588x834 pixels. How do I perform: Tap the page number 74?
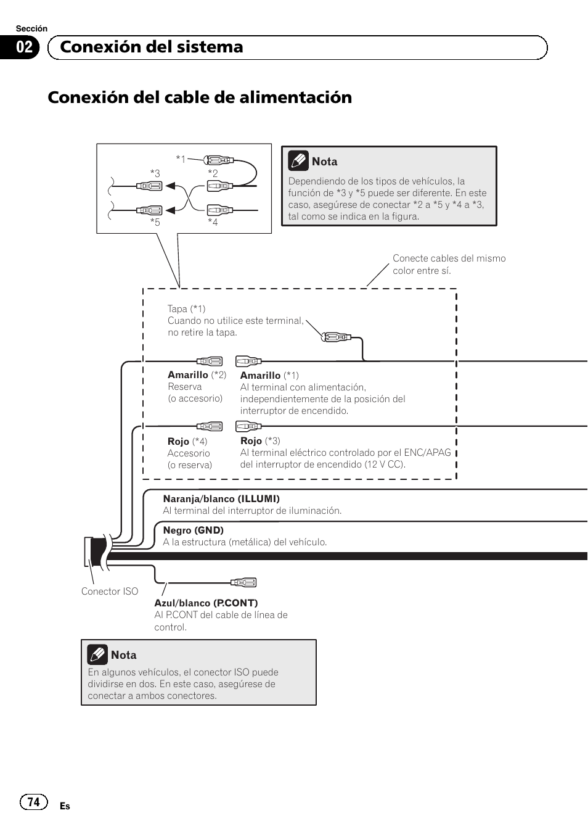[33, 801]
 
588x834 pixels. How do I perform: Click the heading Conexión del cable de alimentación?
[200, 97]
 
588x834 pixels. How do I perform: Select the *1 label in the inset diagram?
[181, 159]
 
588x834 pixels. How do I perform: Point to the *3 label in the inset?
[155, 173]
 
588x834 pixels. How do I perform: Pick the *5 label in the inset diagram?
[155, 222]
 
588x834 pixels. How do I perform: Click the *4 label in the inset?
[213, 222]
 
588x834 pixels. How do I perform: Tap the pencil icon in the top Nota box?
[298, 161]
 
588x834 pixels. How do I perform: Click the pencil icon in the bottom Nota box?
[97, 654]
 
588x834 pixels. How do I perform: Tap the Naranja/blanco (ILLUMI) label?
[221, 499]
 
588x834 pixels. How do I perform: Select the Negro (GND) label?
[193, 531]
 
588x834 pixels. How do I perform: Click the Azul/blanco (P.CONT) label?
[206, 603]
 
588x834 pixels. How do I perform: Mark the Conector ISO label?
[110, 592]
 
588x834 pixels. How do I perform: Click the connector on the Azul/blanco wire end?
[243, 582]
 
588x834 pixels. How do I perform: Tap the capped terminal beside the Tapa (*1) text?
[337, 337]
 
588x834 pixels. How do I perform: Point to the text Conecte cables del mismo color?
[449, 264]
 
